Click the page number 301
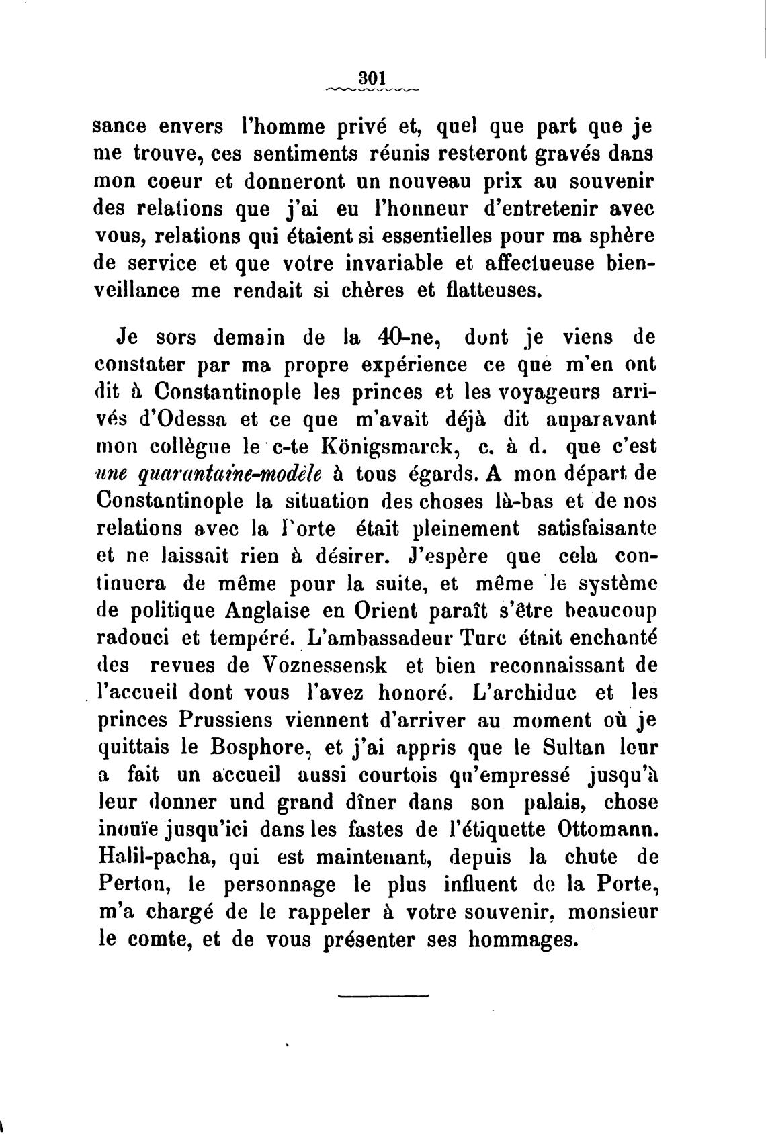(370, 76)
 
